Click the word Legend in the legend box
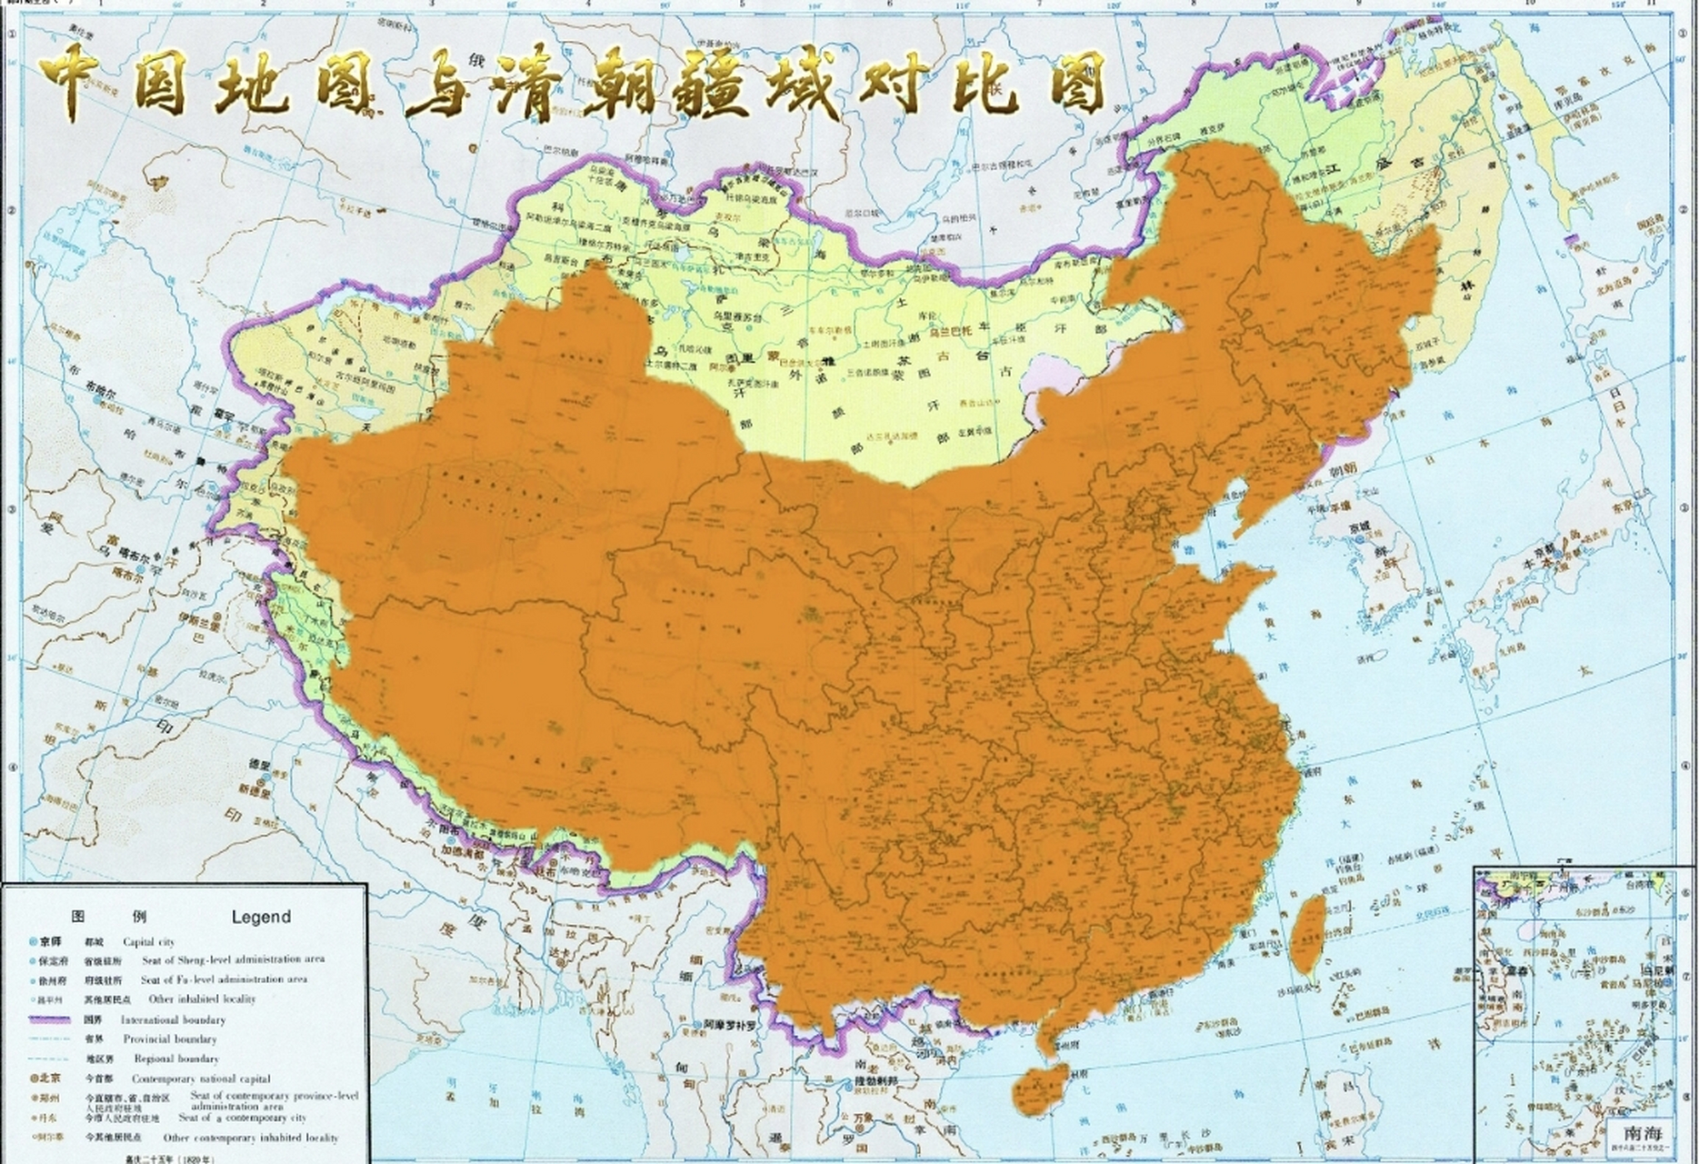[x=261, y=917]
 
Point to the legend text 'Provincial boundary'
[x=170, y=1039]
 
